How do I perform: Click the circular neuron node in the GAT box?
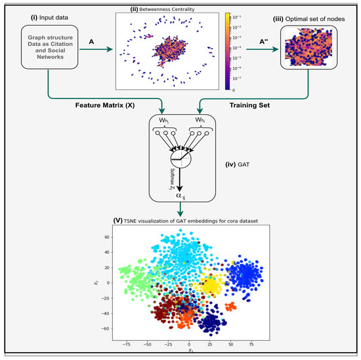click(x=179, y=158)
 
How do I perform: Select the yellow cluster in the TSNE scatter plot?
click(x=209, y=286)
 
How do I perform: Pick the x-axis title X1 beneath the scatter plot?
click(x=189, y=351)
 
